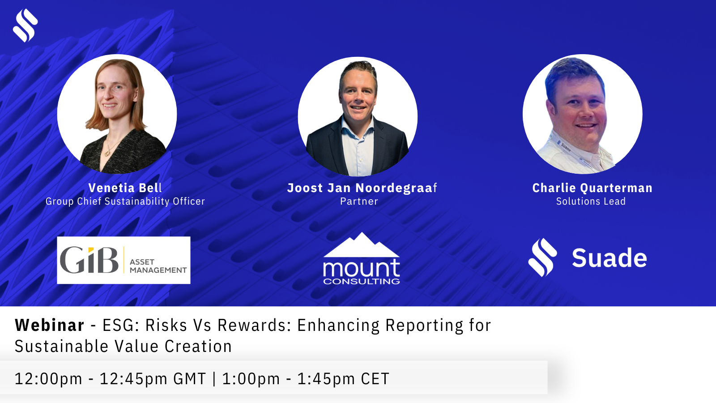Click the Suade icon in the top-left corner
tap(25, 25)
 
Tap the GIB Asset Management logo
tap(124, 260)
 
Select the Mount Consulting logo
tap(362, 258)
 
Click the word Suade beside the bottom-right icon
tap(609, 258)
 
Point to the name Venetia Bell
tap(125, 188)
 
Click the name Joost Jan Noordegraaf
tap(362, 188)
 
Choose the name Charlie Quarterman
tap(592, 188)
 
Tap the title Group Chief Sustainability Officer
tap(125, 201)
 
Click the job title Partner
tap(359, 201)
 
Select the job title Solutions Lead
tap(591, 201)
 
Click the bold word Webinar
tap(50, 325)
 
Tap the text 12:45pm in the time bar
tap(133, 379)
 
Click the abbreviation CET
tap(375, 379)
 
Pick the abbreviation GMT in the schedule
tap(190, 379)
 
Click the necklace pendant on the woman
tap(107, 153)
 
